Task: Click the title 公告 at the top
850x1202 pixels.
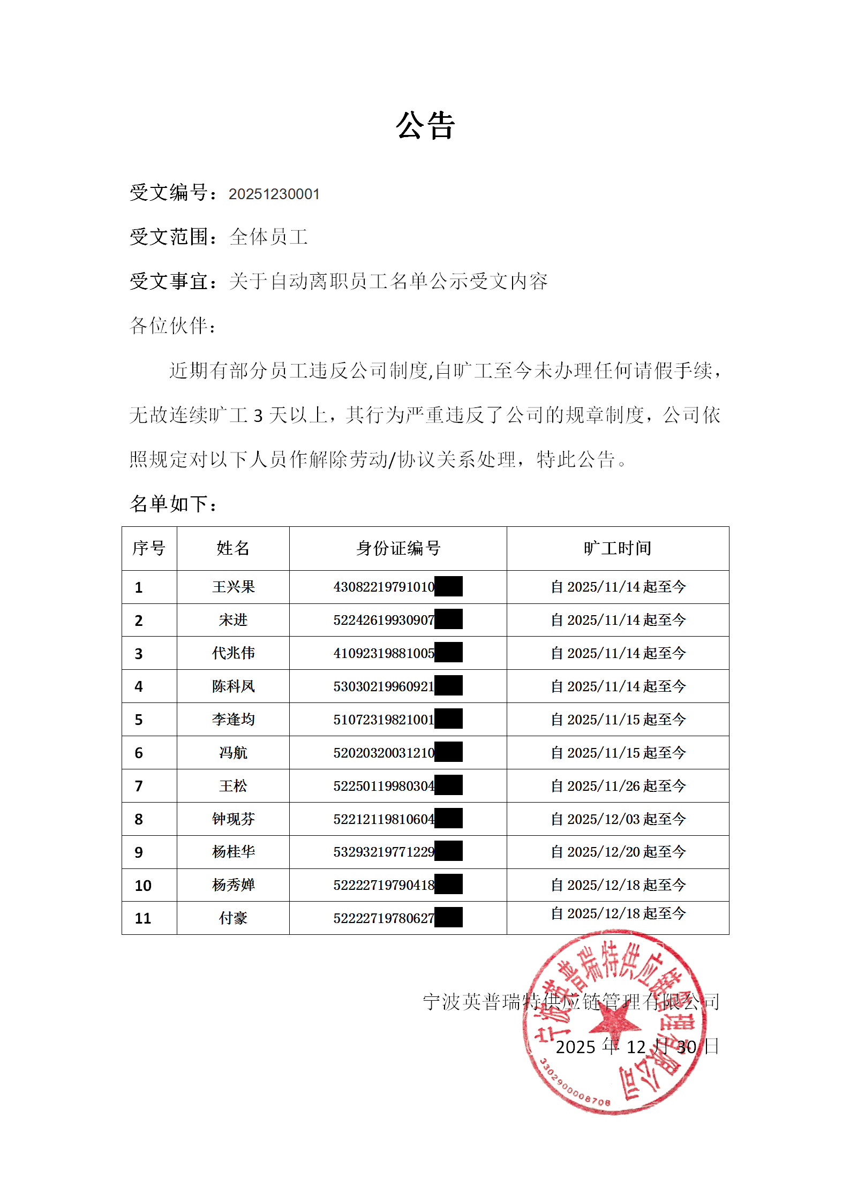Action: pyautogui.click(x=425, y=126)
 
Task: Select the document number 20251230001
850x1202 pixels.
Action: pyautogui.click(x=274, y=194)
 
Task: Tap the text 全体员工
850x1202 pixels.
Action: pyautogui.click(x=268, y=237)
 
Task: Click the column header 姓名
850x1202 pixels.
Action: pyautogui.click(x=233, y=548)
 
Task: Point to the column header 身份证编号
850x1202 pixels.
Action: pyautogui.click(x=398, y=548)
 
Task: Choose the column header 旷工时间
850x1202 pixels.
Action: pyautogui.click(x=618, y=548)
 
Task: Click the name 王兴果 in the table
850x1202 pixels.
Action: pyautogui.click(x=233, y=587)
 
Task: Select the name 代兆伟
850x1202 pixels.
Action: pyautogui.click(x=233, y=653)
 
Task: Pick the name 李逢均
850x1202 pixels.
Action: pyautogui.click(x=233, y=720)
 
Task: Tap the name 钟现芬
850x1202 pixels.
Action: pyautogui.click(x=233, y=819)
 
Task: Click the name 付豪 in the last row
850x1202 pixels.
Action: pyautogui.click(x=233, y=918)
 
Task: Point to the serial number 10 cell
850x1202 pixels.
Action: pyautogui.click(x=143, y=886)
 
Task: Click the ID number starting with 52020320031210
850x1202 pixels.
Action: pyautogui.click(x=383, y=753)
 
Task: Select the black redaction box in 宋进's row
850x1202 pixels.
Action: pyautogui.click(x=448, y=619)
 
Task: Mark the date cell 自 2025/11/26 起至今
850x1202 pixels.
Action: pyautogui.click(x=618, y=786)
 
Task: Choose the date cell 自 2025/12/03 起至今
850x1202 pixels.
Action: pyautogui.click(x=618, y=819)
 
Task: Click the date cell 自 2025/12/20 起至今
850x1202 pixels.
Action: pyautogui.click(x=618, y=852)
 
